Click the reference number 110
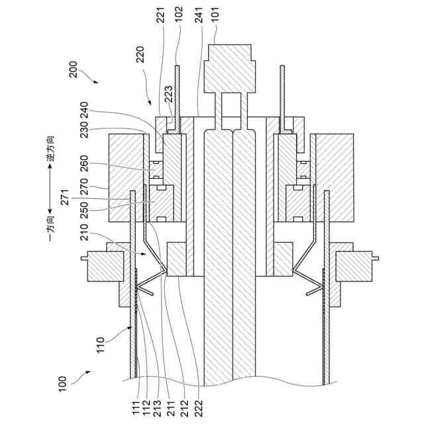click(99, 345)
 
